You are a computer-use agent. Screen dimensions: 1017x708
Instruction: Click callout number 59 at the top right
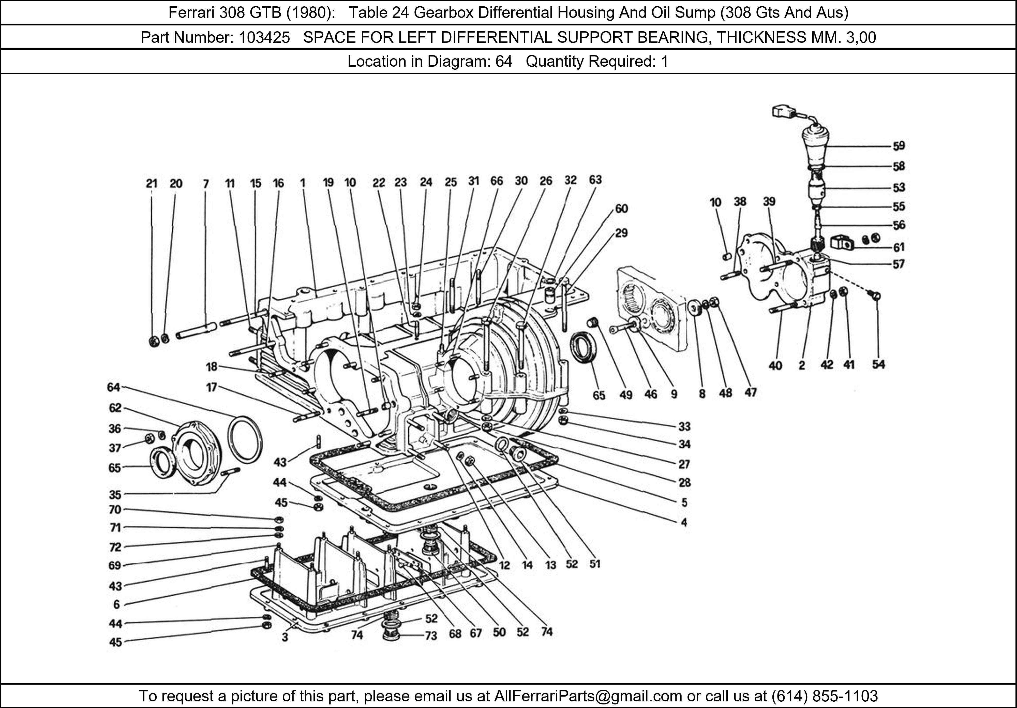[899, 146]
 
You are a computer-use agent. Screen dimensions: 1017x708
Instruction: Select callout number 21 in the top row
[152, 183]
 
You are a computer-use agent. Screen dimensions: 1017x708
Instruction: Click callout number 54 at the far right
[878, 364]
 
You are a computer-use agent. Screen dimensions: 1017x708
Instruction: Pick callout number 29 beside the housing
[621, 233]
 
